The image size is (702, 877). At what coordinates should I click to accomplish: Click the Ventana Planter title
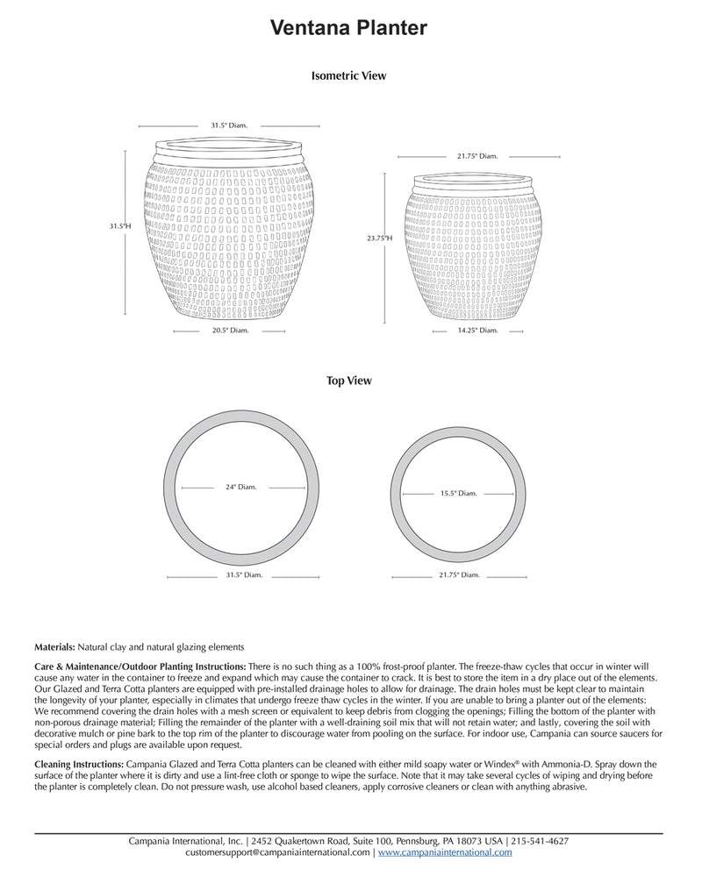348,29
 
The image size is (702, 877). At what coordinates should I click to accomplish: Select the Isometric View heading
348,76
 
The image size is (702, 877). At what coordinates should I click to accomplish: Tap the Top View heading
348,381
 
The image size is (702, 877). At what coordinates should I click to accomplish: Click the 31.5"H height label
120,226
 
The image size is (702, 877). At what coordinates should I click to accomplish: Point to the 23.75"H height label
380,238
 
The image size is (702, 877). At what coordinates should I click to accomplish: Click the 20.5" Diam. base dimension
229,331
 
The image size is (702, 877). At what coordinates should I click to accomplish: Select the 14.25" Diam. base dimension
477,331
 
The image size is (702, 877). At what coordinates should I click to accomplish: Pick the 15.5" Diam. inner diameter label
458,494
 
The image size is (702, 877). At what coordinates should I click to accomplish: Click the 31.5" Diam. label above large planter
229,125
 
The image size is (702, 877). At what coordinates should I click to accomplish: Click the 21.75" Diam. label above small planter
477,156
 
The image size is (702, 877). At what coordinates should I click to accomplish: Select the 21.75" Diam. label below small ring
458,575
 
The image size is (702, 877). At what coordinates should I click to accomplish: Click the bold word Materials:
54,646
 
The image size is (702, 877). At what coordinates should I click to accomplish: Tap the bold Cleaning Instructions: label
74,765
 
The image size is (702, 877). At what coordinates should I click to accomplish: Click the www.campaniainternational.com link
446,852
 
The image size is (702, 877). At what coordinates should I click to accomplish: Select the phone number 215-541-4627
541,841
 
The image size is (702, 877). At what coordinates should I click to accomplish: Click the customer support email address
278,852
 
